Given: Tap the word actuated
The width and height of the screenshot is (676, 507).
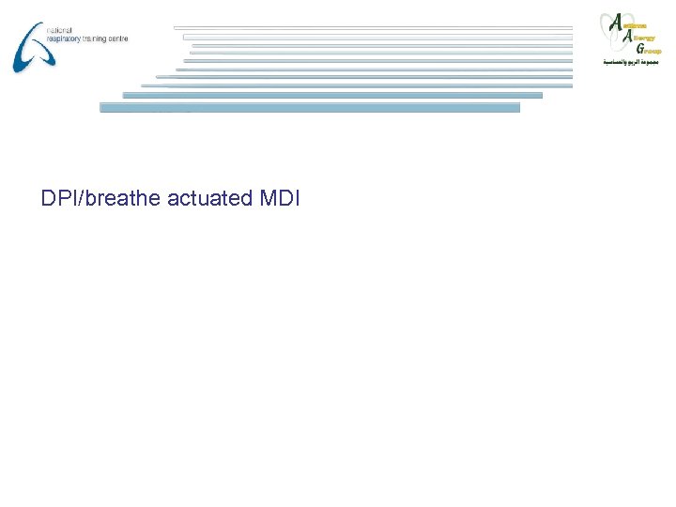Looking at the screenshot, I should point(203,198).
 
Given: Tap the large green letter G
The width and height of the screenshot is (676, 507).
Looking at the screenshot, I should point(639,49).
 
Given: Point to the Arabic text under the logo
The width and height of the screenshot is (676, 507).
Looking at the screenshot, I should point(631,63).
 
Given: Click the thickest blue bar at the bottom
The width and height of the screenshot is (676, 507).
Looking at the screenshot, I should point(310,108).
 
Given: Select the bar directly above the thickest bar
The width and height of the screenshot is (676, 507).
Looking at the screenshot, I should point(332,95).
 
